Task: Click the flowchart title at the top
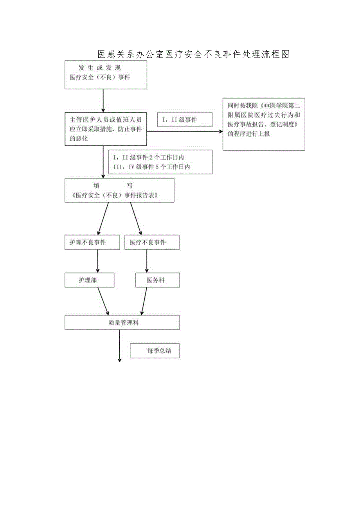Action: [193, 54]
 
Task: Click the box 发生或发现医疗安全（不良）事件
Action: [106, 75]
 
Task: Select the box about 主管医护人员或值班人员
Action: [106, 129]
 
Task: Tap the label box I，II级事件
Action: [184, 120]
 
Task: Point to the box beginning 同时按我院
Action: [264, 124]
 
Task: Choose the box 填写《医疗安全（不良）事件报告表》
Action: [119, 191]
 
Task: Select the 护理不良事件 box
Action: [88, 243]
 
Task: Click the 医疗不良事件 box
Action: [152, 243]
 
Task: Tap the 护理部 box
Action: [90, 280]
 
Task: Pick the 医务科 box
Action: [157, 280]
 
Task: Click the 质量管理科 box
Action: [122, 323]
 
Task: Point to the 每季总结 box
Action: [155, 351]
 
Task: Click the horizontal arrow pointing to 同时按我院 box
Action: [184, 132]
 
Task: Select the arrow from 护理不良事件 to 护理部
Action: [97, 261]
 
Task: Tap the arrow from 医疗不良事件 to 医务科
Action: [147, 261]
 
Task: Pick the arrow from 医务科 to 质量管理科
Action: [144, 301]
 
